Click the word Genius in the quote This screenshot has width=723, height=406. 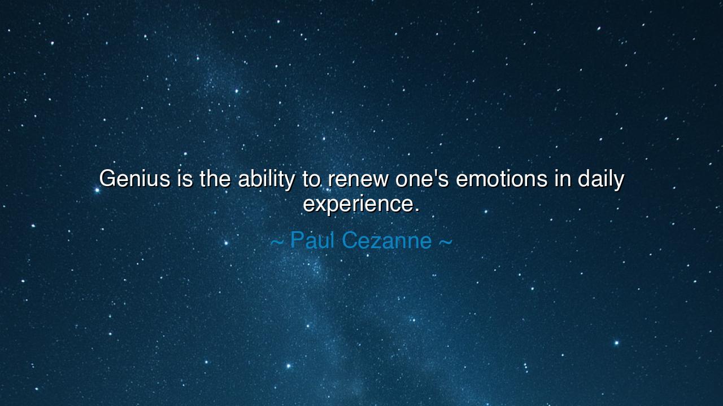134,178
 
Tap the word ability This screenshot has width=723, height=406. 267,180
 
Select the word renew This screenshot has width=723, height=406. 358,180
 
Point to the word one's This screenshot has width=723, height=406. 422,178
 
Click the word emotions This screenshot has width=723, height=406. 502,178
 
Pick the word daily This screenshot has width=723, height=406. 600,180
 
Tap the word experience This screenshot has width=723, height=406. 358,205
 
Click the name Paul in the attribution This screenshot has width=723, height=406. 312,240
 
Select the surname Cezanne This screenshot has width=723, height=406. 387,240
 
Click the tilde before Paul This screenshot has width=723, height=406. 277,242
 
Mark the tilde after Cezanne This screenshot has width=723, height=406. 446,242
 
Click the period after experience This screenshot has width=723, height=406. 417,210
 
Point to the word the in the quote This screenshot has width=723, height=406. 215,178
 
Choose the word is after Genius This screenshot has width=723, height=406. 185,178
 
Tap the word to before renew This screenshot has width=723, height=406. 311,179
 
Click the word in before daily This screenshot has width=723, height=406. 563,178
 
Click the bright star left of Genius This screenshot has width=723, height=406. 97,191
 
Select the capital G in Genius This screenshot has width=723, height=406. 107,178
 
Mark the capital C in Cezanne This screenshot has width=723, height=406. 350,240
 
